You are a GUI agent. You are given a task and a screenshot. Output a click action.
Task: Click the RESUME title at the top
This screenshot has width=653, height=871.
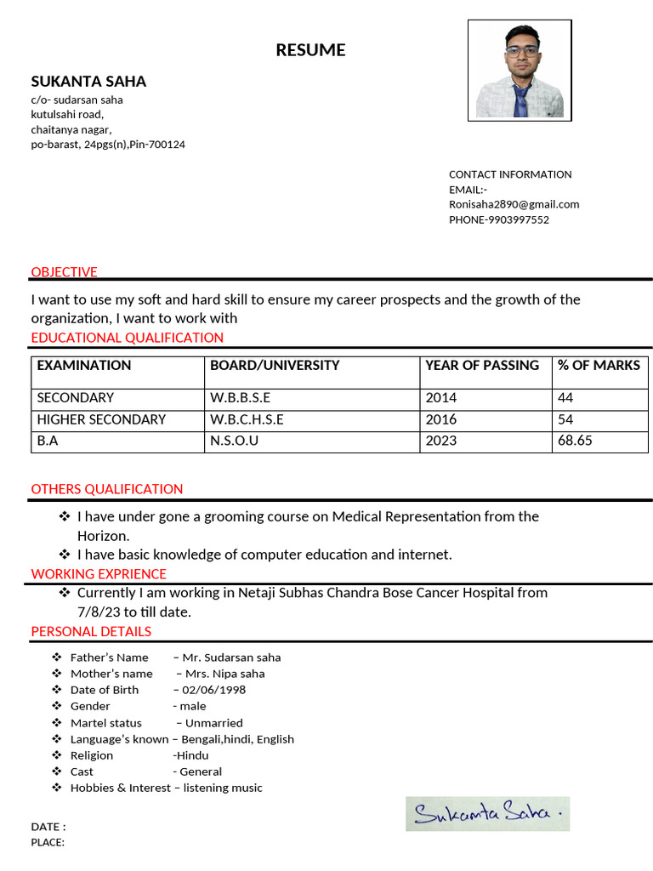click(310, 50)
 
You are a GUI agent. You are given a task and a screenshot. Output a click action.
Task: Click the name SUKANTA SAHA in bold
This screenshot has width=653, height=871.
click(88, 82)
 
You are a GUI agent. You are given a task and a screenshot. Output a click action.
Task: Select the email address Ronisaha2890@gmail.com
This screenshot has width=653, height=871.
click(514, 204)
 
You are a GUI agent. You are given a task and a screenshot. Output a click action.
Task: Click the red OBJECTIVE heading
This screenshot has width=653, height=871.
click(64, 272)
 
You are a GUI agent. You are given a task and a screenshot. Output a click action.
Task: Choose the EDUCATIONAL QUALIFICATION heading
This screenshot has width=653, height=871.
click(127, 338)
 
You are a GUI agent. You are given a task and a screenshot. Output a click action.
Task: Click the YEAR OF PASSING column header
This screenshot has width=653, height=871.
click(481, 366)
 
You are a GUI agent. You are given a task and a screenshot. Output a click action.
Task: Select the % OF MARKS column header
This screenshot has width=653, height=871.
click(599, 366)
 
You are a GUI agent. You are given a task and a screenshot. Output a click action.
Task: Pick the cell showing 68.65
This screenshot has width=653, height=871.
click(575, 441)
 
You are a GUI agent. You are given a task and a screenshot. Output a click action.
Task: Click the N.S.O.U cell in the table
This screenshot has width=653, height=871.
click(234, 441)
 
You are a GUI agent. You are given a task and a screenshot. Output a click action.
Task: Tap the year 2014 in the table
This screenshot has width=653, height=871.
click(440, 397)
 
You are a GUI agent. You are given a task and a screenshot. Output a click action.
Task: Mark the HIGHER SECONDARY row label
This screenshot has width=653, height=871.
click(101, 419)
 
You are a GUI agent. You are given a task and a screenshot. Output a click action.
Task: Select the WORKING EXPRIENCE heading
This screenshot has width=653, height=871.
click(99, 574)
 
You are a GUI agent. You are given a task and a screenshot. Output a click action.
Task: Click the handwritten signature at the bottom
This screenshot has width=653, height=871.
click(487, 814)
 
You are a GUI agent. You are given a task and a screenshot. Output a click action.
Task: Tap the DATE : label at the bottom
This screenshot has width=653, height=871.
click(48, 827)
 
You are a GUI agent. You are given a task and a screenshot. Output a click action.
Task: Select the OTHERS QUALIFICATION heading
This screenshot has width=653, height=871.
click(107, 489)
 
